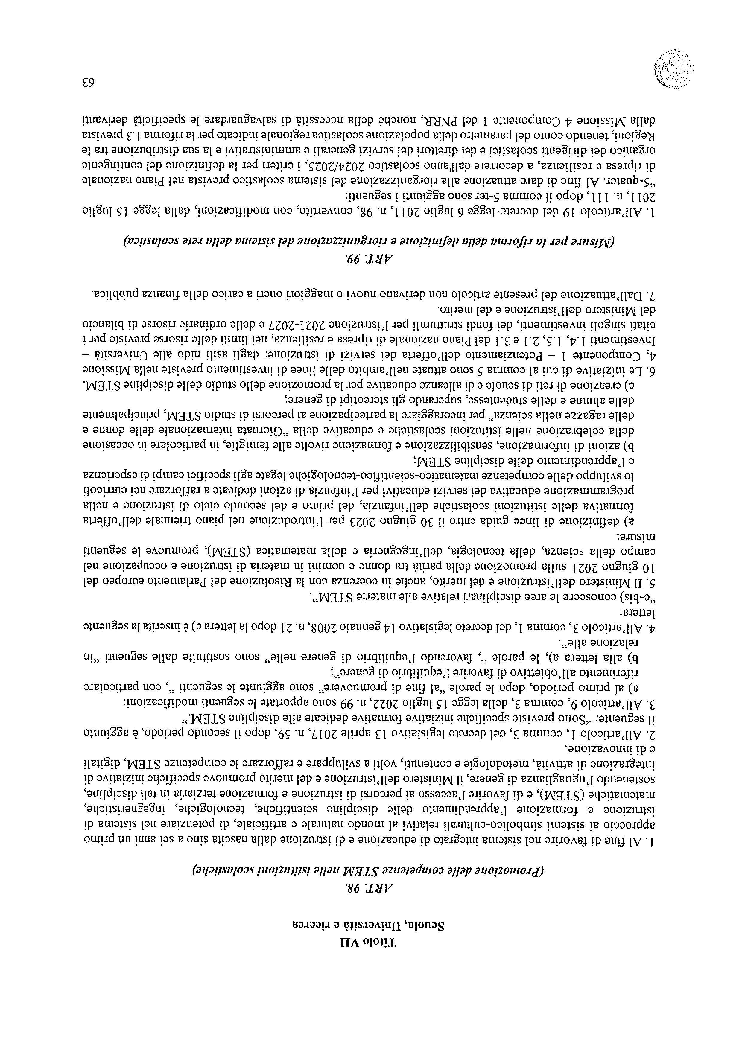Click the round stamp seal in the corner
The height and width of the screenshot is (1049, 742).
tap(673, 68)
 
